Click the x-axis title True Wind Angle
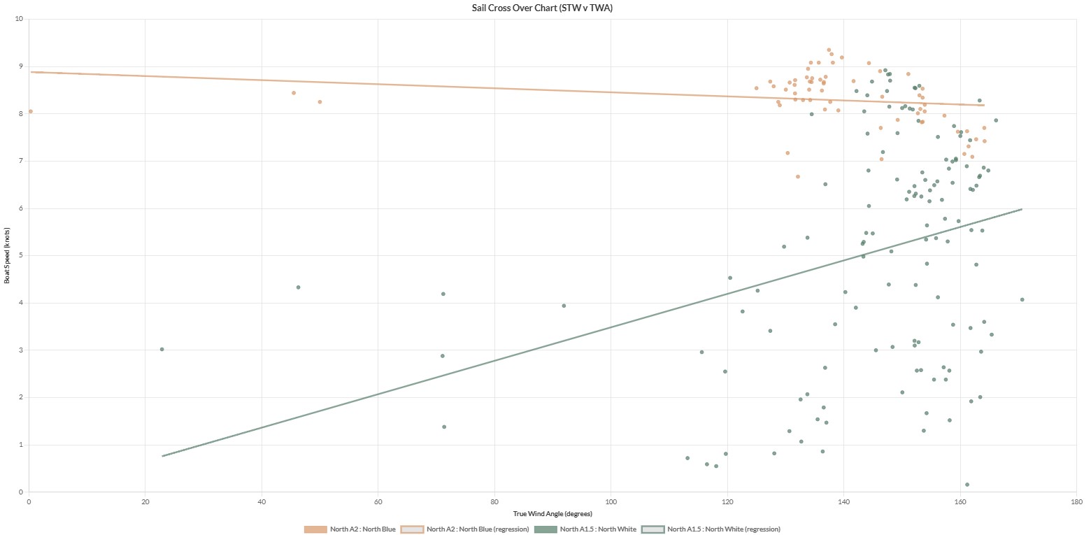coord(552,514)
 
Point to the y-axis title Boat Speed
coord(7,255)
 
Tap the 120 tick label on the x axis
coord(727,501)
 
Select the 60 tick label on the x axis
coord(378,501)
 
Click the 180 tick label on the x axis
coord(1077,501)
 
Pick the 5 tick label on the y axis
coord(21,256)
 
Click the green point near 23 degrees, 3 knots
coord(162,349)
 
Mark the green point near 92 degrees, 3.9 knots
coord(564,306)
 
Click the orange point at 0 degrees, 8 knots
coord(30,111)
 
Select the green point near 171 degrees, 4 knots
coord(1022,299)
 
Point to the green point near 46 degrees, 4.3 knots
coord(298,287)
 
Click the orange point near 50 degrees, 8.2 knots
coord(320,102)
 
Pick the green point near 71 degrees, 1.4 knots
coord(443,427)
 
